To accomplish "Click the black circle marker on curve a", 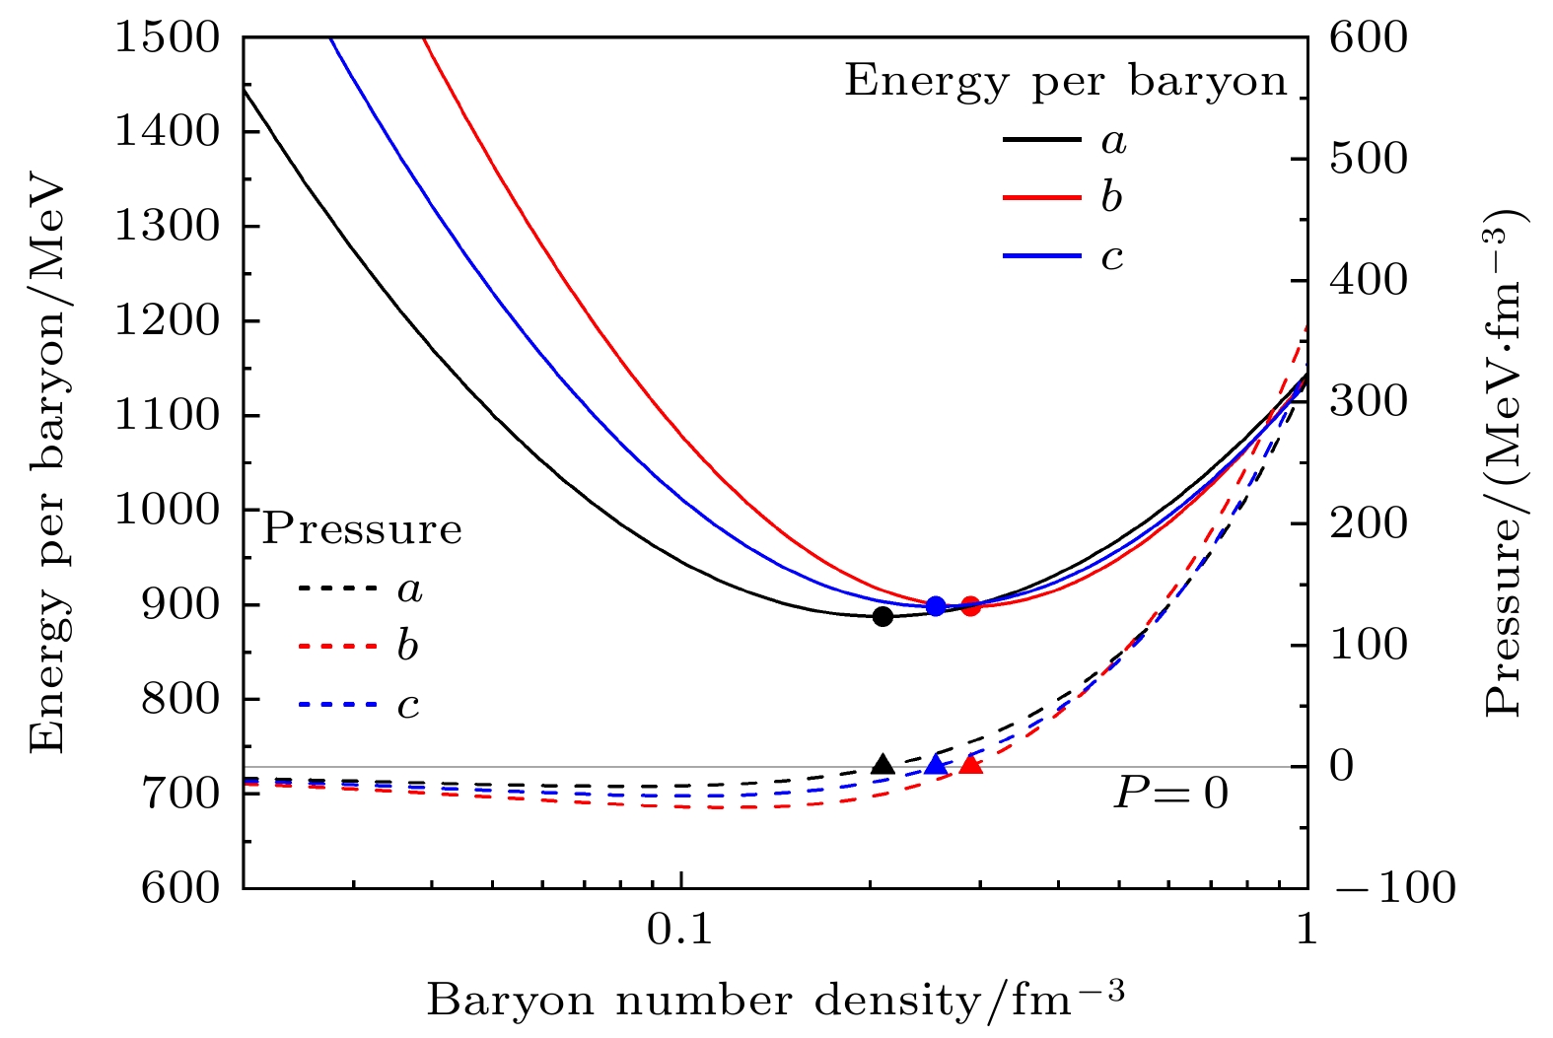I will coord(882,617).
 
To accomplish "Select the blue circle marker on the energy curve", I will coord(936,606).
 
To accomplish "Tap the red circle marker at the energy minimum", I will coord(970,606).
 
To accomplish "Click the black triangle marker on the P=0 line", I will coord(883,765).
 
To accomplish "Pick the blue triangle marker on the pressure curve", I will coord(936,765).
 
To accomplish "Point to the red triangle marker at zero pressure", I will coord(970,765).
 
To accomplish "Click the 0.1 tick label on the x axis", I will coord(680,929).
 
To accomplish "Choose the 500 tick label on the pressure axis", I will coord(1369,159).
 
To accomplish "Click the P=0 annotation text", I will coord(1171,794).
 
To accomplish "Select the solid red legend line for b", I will coord(1041,198).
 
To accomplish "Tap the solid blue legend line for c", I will coord(1041,256).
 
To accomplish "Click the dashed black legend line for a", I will coord(337,589).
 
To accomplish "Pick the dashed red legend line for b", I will coord(337,647).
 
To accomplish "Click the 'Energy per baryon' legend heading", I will coord(1066,82).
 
